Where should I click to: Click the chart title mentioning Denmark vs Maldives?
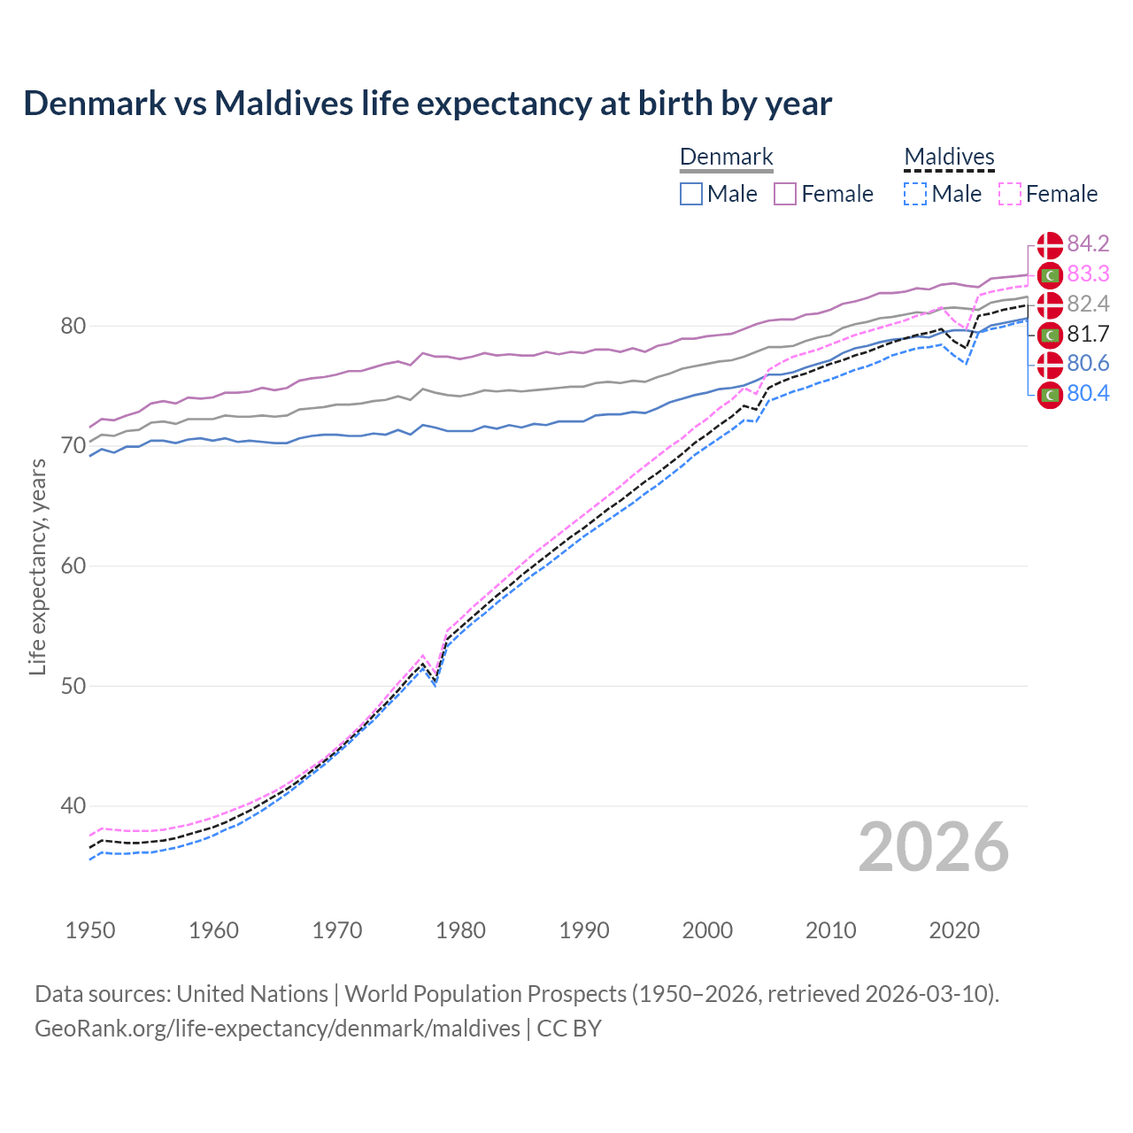(428, 104)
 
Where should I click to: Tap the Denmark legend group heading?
(726, 158)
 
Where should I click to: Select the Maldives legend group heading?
(949, 158)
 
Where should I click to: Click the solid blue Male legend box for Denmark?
(691, 194)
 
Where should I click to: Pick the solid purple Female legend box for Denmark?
(785, 194)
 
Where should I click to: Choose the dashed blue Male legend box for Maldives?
(915, 194)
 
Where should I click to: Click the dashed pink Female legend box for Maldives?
(1010, 194)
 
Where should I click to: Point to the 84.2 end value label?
(1088, 244)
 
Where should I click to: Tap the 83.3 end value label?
(1088, 274)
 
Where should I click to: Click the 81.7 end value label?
(1088, 334)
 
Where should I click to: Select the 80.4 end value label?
(1088, 394)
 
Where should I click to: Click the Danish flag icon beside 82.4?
(1050, 304)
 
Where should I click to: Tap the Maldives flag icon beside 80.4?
(1050, 395)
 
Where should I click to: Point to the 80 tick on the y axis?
(73, 327)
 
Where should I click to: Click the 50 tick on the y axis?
(73, 687)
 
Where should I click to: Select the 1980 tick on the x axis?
(460, 930)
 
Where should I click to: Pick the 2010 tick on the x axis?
(830, 930)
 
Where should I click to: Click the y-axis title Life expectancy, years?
(38, 566)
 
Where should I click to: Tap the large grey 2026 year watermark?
(933, 847)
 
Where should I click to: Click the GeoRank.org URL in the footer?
(277, 1029)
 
